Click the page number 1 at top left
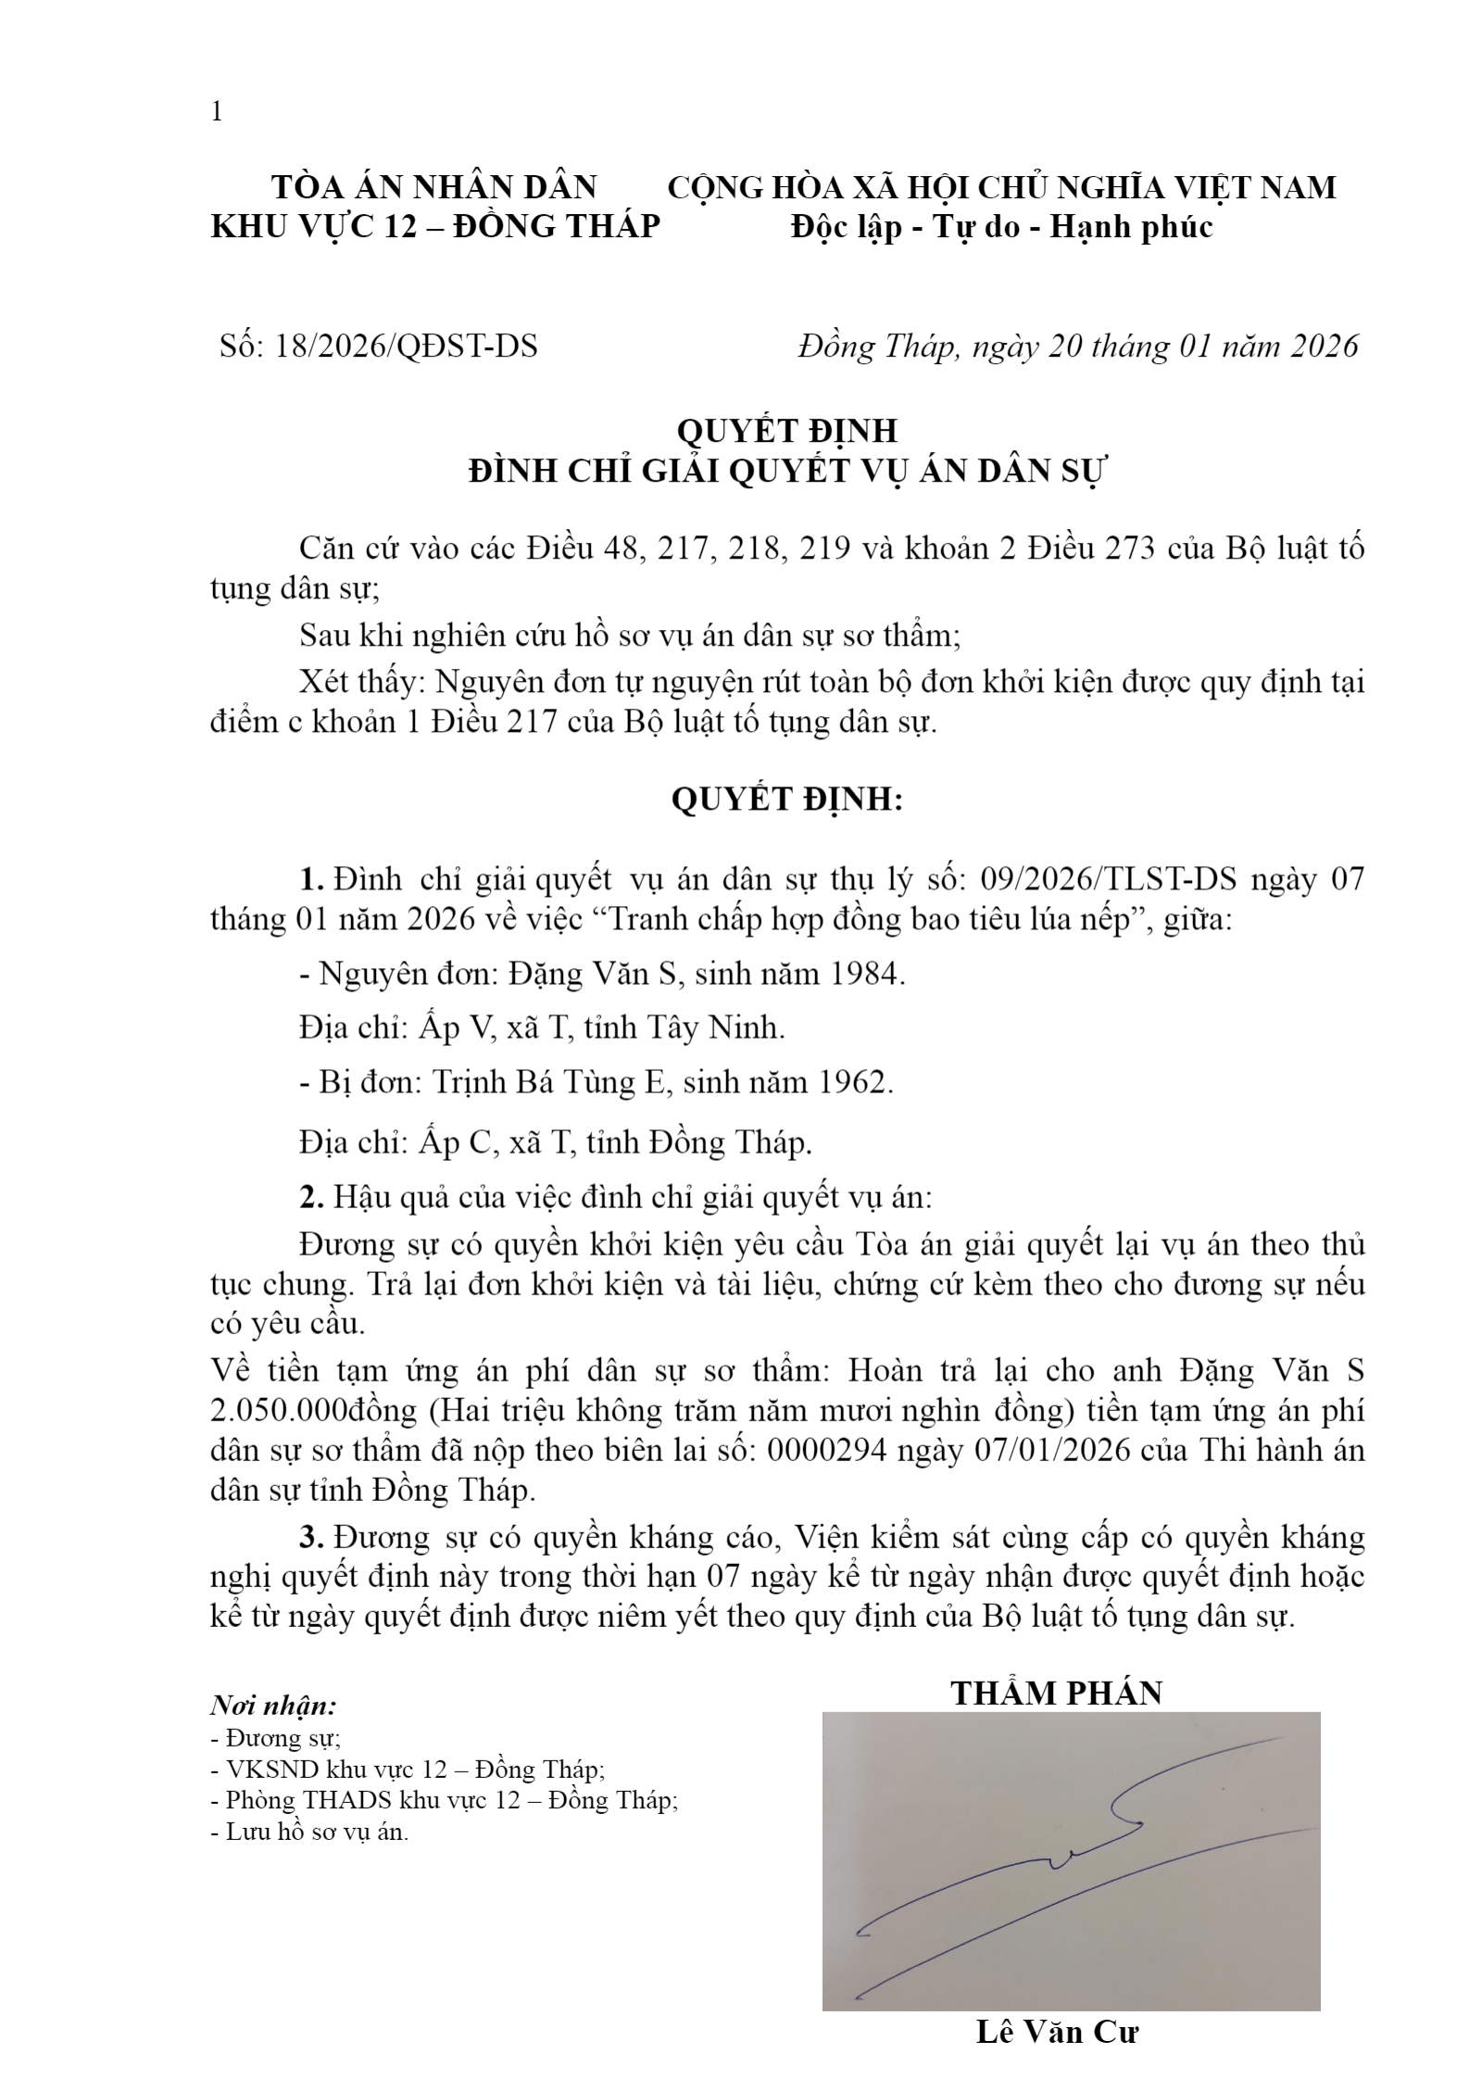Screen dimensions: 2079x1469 tap(217, 112)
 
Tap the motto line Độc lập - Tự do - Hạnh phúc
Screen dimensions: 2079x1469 tap(1001, 227)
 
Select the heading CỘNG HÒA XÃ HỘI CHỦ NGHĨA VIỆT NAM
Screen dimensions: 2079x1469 tap(1001, 187)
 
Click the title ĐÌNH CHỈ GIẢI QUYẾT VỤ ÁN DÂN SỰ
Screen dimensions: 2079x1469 tap(786, 472)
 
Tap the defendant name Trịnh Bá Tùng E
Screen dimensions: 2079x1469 tap(548, 1081)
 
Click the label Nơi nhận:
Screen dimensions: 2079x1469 tap(273, 1706)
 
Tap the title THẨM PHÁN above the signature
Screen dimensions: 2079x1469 tap(1056, 1693)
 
